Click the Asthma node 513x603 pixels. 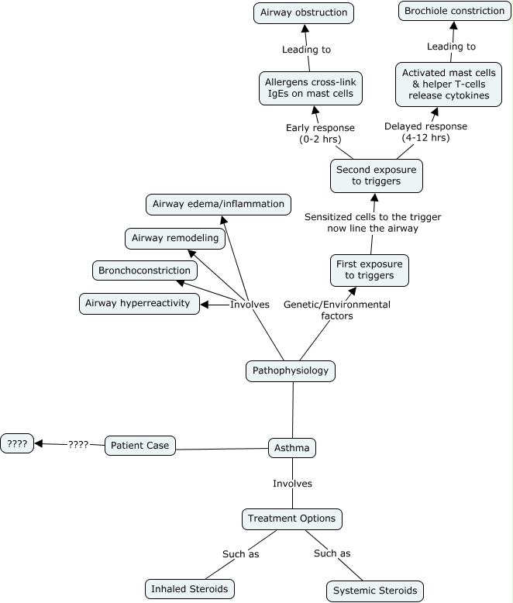click(x=292, y=448)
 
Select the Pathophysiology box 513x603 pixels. click(x=291, y=370)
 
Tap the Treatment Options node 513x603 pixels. click(x=292, y=519)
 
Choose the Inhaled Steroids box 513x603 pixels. click(x=190, y=589)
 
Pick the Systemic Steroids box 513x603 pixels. click(x=375, y=591)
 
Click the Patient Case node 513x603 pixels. click(x=140, y=446)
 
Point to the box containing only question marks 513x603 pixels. click(x=17, y=443)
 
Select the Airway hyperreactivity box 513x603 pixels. click(x=139, y=303)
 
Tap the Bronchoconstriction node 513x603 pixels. click(x=145, y=270)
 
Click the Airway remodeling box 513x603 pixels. click(x=175, y=239)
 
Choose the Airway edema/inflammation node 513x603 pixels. click(x=218, y=204)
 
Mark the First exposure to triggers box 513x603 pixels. click(x=369, y=270)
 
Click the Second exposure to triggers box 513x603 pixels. click(x=376, y=176)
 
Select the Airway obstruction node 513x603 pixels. click(x=304, y=12)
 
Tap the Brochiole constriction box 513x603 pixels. click(x=455, y=11)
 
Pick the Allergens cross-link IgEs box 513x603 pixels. click(x=310, y=88)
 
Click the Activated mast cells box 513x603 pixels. click(x=449, y=84)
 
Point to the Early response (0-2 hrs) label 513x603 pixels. click(x=320, y=133)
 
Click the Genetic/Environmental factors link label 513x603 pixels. click(x=337, y=310)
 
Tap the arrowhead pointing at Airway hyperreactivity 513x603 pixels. click(x=205, y=305)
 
